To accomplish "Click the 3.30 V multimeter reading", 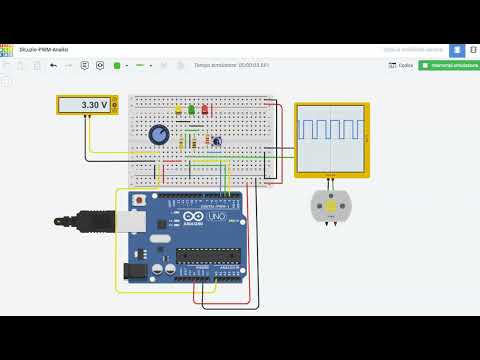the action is click(x=88, y=104).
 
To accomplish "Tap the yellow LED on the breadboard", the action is click(x=179, y=110).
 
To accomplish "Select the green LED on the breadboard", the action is click(x=191, y=110).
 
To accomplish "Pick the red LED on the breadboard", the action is click(x=204, y=109).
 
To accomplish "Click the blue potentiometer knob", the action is click(x=159, y=134).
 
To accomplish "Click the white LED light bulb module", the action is click(x=331, y=206).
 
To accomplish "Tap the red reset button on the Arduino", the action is click(x=139, y=201).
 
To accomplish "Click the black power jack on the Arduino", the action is click(x=134, y=270).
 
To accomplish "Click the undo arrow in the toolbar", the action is click(x=53, y=65).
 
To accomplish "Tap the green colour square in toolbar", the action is click(x=117, y=65).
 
